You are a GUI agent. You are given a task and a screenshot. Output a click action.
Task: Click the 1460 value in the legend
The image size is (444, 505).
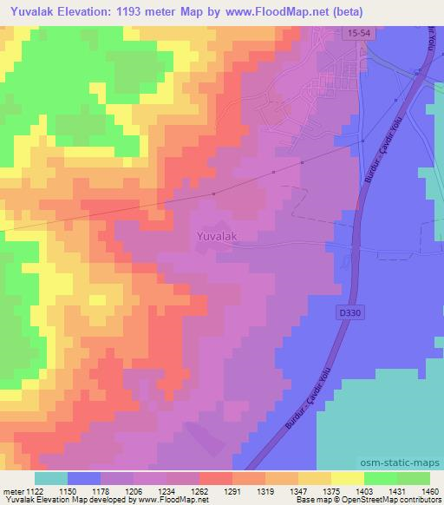click(420, 490)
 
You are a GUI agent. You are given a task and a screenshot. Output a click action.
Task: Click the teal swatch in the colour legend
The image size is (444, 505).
click(51, 478)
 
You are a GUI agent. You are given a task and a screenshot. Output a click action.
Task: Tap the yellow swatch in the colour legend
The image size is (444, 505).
click(346, 478)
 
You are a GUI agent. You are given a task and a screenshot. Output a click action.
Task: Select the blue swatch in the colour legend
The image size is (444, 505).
click(84, 478)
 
